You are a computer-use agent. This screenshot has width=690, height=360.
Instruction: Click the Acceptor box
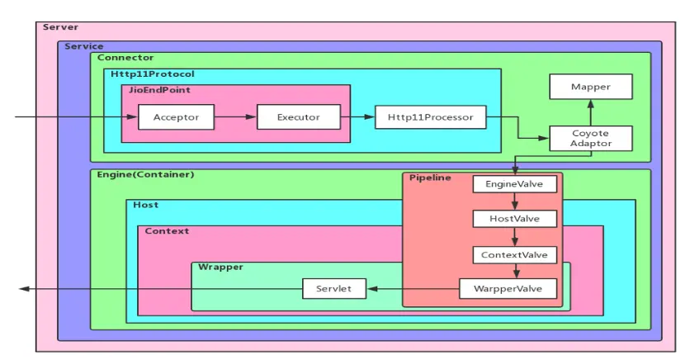pyautogui.click(x=176, y=117)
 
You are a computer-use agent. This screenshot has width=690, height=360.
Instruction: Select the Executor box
pyautogui.click(x=298, y=117)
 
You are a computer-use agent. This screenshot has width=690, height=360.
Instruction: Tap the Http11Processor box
pyautogui.click(x=430, y=117)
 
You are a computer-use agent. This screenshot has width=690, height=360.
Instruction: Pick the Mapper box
pyautogui.click(x=591, y=87)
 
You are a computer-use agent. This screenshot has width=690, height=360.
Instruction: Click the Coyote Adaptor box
pyautogui.click(x=591, y=138)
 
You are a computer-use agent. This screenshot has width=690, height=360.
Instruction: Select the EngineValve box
pyautogui.click(x=514, y=184)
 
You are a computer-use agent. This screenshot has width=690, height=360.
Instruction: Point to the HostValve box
pyautogui.click(x=514, y=219)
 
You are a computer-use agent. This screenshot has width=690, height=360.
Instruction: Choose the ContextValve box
pyautogui.click(x=514, y=255)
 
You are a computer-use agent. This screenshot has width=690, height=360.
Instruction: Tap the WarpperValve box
pyautogui.click(x=508, y=289)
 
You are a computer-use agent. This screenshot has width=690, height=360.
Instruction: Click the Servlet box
pyautogui.click(x=334, y=289)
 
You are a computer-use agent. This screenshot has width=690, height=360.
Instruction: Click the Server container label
pyautogui.click(x=61, y=27)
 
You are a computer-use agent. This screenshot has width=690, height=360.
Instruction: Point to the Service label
pyautogui.click(x=84, y=46)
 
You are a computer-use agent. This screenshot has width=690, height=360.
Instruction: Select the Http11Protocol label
pyautogui.click(x=152, y=74)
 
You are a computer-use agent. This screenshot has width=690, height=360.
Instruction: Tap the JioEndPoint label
pyautogui.click(x=159, y=90)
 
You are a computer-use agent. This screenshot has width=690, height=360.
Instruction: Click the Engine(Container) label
pyautogui.click(x=145, y=174)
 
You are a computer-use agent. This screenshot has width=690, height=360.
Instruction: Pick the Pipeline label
pyautogui.click(x=430, y=178)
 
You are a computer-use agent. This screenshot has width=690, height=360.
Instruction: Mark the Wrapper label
pyautogui.click(x=220, y=268)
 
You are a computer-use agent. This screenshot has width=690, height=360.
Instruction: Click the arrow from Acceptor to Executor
pyautogui.click(x=235, y=117)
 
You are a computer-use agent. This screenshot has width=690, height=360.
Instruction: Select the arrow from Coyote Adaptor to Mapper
pyautogui.click(x=591, y=112)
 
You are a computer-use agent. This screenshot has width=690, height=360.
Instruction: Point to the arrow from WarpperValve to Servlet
pyautogui.click(x=413, y=289)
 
